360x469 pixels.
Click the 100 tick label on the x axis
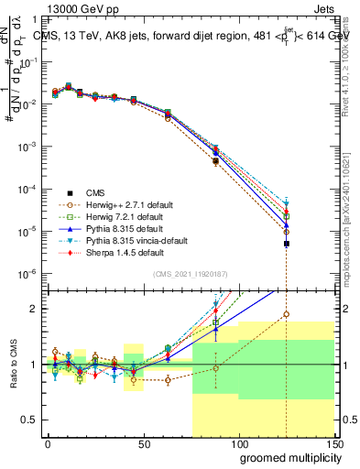(x=238, y=444)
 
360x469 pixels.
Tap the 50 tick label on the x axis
(x=143, y=444)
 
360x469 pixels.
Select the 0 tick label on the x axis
(x=48, y=444)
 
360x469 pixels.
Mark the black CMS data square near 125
(x=287, y=244)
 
